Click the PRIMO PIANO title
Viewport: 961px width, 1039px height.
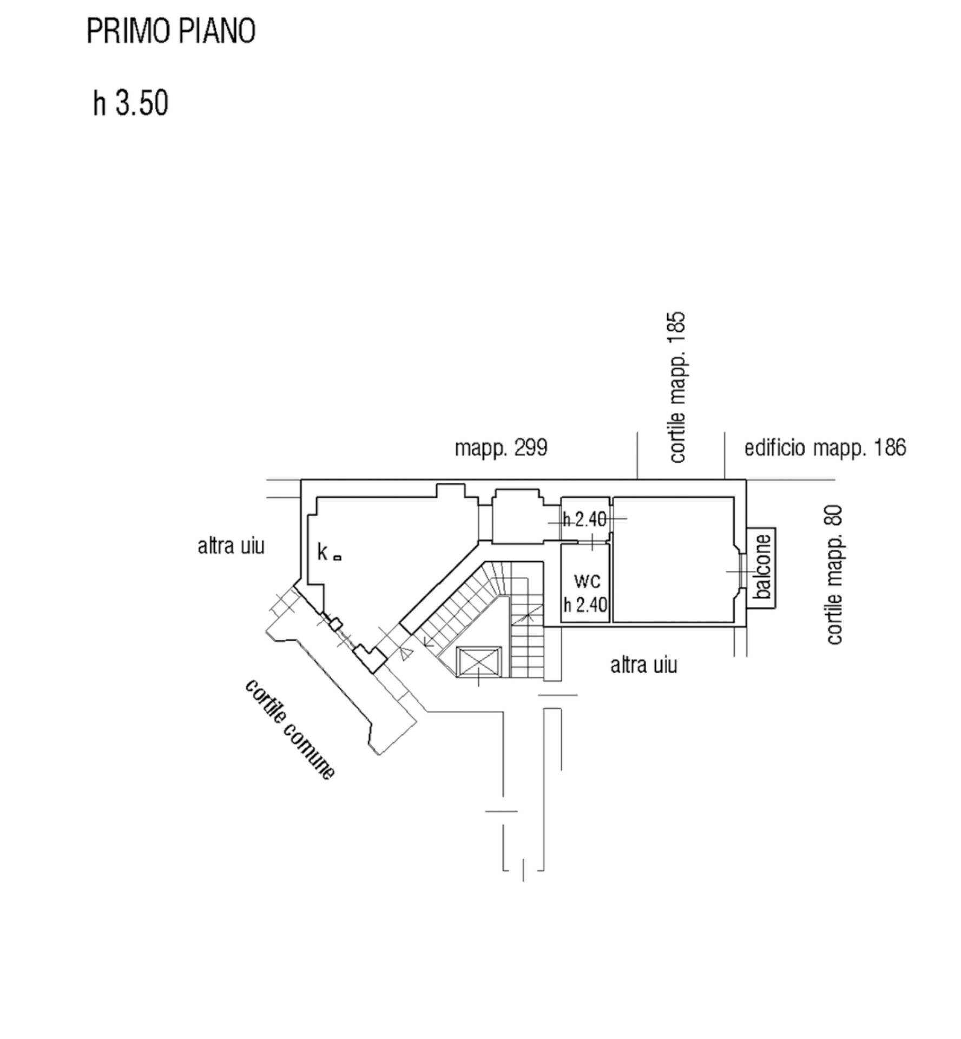(x=170, y=31)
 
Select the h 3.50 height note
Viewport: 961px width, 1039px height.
(x=130, y=103)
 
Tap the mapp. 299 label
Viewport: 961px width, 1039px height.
(x=501, y=448)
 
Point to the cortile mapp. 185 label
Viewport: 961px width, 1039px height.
(x=677, y=387)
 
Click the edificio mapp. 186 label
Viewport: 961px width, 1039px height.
(x=825, y=448)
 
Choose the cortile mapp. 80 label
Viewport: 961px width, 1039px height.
(x=834, y=574)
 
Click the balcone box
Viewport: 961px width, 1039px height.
(x=762, y=567)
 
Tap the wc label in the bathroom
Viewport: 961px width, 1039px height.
(x=587, y=581)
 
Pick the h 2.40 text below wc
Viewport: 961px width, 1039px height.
(x=585, y=604)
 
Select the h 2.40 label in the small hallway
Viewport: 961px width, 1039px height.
(x=584, y=519)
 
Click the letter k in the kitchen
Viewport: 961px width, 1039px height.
(x=322, y=553)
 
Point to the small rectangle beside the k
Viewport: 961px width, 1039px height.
(x=337, y=557)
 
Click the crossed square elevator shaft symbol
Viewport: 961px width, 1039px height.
(x=479, y=661)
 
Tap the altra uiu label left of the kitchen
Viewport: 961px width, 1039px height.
(x=231, y=546)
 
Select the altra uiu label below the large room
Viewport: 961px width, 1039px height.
(x=643, y=665)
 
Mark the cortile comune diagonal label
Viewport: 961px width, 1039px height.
(x=289, y=729)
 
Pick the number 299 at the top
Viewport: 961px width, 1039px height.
(x=530, y=448)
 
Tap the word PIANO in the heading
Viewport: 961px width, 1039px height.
(x=217, y=31)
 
